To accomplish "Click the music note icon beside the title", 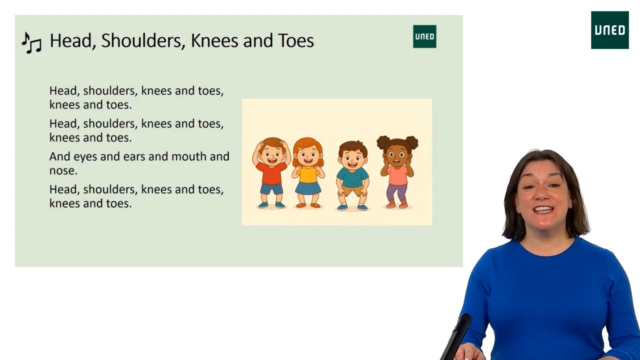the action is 31,43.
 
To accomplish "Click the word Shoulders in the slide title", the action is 141,40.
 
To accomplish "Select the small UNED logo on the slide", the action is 424,36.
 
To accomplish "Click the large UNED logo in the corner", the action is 609,30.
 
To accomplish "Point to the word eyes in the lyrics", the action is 85,157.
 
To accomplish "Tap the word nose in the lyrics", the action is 63,170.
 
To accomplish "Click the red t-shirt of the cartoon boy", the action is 271,173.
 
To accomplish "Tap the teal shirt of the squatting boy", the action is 352,177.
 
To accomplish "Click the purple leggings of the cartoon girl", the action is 396,192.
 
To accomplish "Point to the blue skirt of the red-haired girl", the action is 308,188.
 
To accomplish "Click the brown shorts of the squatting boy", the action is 352,190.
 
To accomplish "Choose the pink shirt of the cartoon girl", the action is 397,175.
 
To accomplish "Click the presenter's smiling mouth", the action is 543,209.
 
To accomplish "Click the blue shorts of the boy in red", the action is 271,189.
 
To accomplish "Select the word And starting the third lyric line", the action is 59,156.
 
